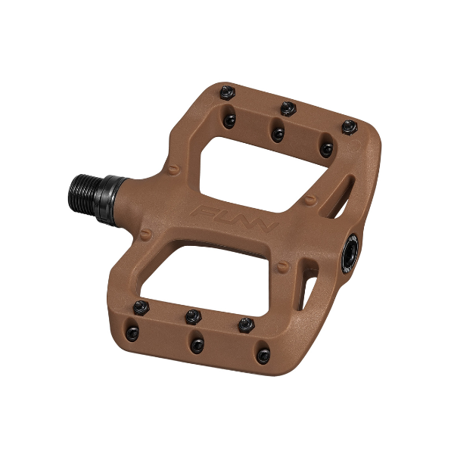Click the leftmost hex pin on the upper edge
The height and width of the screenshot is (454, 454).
[x=229, y=93]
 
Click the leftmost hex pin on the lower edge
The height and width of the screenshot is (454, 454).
[x=139, y=306]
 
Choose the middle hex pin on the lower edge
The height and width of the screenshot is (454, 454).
[x=193, y=316]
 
